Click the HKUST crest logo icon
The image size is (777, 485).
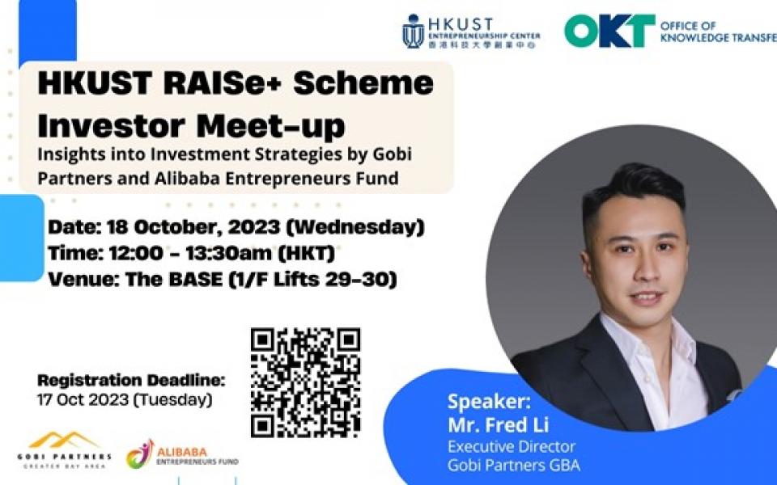(x=413, y=32)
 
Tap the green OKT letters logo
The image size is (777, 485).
(x=609, y=31)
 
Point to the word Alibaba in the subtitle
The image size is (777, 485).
(x=180, y=178)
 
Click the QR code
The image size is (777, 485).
(x=305, y=382)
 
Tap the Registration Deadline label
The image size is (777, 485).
(x=131, y=381)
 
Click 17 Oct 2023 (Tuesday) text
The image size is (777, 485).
(x=125, y=399)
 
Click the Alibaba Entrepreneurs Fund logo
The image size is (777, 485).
(x=183, y=454)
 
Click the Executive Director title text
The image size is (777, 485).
(x=512, y=446)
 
